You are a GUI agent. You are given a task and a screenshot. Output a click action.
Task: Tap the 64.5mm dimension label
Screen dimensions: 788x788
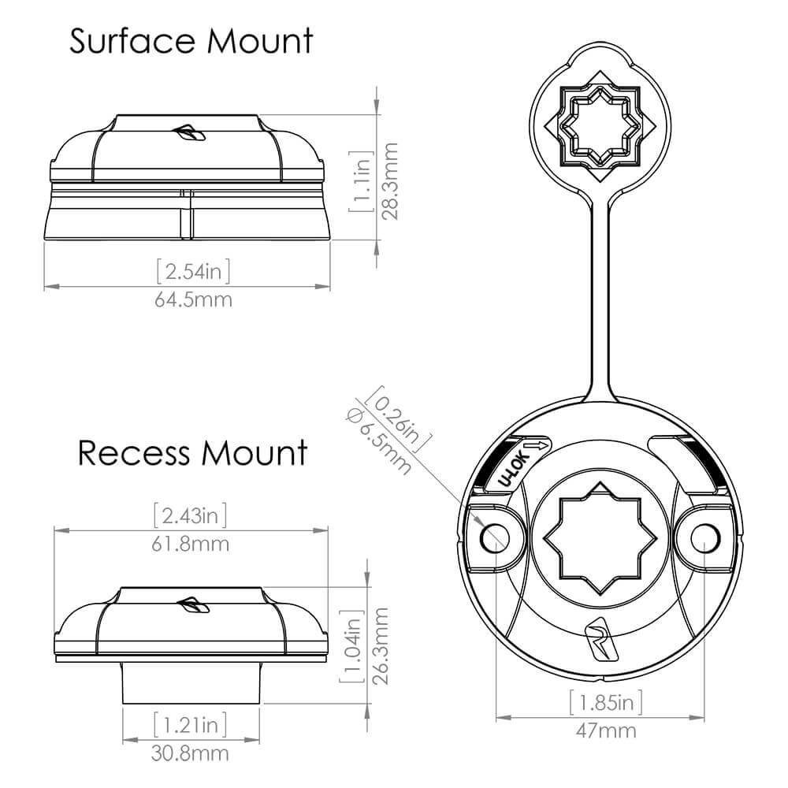click(x=194, y=300)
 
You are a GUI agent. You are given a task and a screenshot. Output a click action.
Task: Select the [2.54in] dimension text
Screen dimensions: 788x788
click(x=194, y=271)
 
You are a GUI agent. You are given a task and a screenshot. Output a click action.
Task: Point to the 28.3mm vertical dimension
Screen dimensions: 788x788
click(x=390, y=181)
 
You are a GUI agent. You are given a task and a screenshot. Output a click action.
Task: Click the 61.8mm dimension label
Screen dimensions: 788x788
click(x=191, y=545)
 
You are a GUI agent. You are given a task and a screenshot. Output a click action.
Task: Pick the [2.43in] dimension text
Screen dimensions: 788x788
click(x=191, y=515)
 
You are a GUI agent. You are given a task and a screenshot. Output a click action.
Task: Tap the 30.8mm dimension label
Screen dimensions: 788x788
click(x=190, y=753)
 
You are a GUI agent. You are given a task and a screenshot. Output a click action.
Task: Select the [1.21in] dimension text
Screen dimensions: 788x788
click(x=190, y=724)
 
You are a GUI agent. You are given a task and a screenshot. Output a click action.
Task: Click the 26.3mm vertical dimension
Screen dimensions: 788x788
click(x=381, y=646)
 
